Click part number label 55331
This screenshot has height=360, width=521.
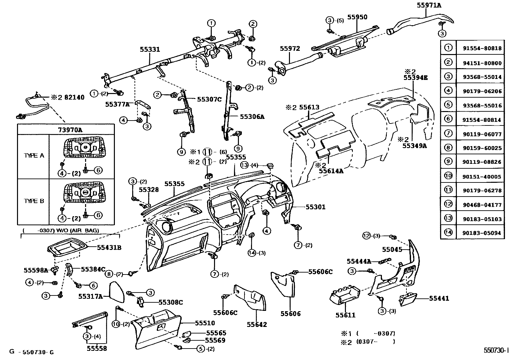(150, 49)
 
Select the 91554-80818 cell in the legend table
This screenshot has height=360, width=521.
(482, 48)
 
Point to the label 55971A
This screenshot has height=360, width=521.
(429, 5)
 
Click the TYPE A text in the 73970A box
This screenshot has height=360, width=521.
(34, 156)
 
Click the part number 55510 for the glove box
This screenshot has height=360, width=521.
(205, 323)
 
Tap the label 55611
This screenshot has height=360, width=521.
(345, 315)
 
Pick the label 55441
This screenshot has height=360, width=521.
(439, 298)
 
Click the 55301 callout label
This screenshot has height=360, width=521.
(315, 207)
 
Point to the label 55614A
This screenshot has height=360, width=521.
(331, 170)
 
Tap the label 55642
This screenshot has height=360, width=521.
(257, 325)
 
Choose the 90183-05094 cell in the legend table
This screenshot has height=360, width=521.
(482, 233)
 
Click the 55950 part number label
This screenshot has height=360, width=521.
(357, 17)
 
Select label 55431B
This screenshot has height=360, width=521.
(109, 248)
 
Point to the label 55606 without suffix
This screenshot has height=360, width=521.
(290, 313)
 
